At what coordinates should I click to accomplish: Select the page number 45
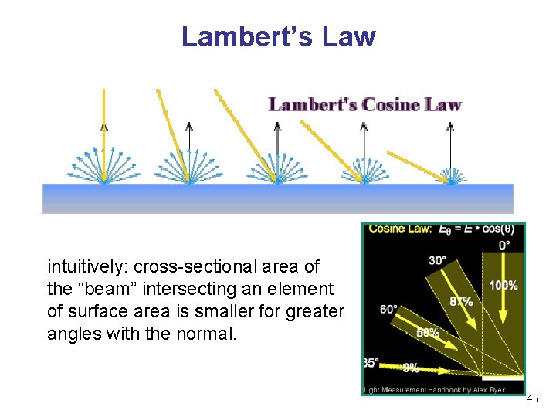pos(532,399)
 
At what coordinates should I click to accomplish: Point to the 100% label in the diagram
pos(503,286)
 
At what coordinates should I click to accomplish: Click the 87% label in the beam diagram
pos(461,301)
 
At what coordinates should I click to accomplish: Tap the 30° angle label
pos(437,260)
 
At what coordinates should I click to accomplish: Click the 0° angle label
pos(504,245)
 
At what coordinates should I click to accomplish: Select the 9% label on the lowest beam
pos(410,369)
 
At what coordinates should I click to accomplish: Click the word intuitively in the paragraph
pos(87,267)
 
